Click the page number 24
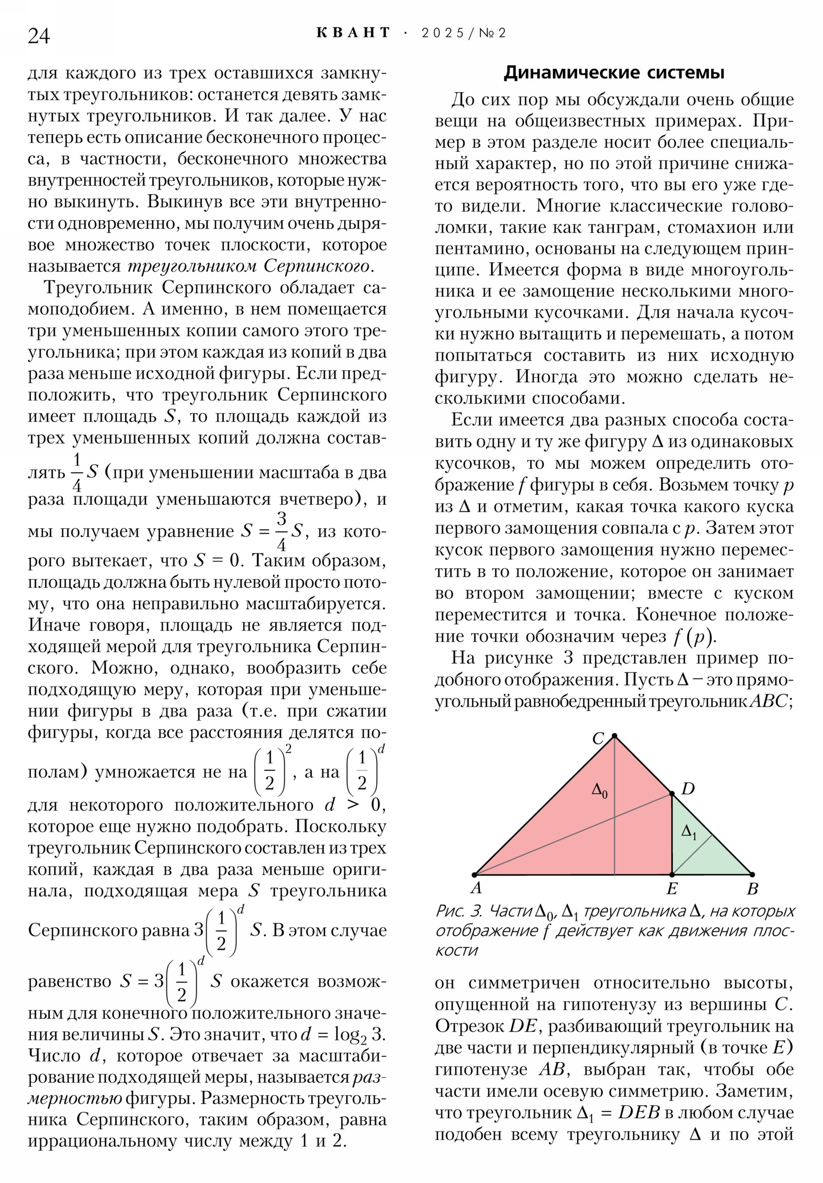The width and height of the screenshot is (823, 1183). point(39,37)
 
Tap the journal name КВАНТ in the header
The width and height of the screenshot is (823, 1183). point(353,33)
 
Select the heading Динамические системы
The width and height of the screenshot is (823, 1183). point(613,73)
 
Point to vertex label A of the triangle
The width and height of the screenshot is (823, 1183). point(476,888)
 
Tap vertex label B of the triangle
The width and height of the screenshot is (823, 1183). point(752,889)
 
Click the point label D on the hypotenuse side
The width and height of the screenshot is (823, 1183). point(688,789)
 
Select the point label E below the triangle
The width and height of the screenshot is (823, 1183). point(671,889)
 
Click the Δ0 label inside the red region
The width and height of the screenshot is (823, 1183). point(599,791)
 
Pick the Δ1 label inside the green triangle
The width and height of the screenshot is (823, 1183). point(689,832)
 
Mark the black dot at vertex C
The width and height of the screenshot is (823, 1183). point(614,736)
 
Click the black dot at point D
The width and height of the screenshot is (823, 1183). point(671,795)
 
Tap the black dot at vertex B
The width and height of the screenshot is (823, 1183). point(752,874)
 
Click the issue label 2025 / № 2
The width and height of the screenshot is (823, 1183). point(463,33)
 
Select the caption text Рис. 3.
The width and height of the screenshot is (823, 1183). point(459,911)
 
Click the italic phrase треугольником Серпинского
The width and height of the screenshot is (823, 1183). point(248,266)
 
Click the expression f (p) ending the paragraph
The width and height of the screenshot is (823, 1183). point(694,637)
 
